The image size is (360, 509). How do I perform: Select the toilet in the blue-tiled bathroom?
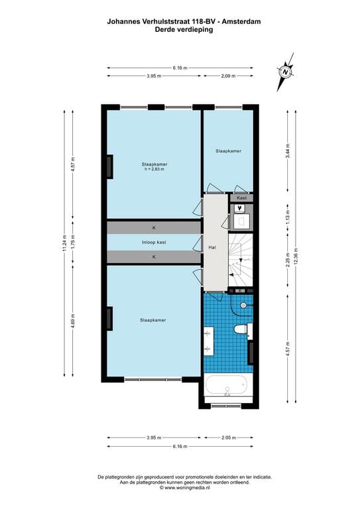click(x=241, y=329)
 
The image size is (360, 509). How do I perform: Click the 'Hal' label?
click(x=212, y=247)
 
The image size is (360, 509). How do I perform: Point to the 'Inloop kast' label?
click(x=153, y=242)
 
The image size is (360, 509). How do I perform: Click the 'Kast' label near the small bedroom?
click(x=242, y=198)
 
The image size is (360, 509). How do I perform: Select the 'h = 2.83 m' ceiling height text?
click(x=154, y=169)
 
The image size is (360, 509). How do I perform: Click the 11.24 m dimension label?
click(x=65, y=243)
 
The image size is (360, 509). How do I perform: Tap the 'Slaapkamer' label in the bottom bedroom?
click(x=152, y=320)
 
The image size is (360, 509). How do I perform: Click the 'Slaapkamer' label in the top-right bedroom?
click(x=228, y=151)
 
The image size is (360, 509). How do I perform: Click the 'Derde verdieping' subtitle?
click(x=180, y=29)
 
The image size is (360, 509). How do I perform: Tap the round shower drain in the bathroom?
click(x=243, y=305)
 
